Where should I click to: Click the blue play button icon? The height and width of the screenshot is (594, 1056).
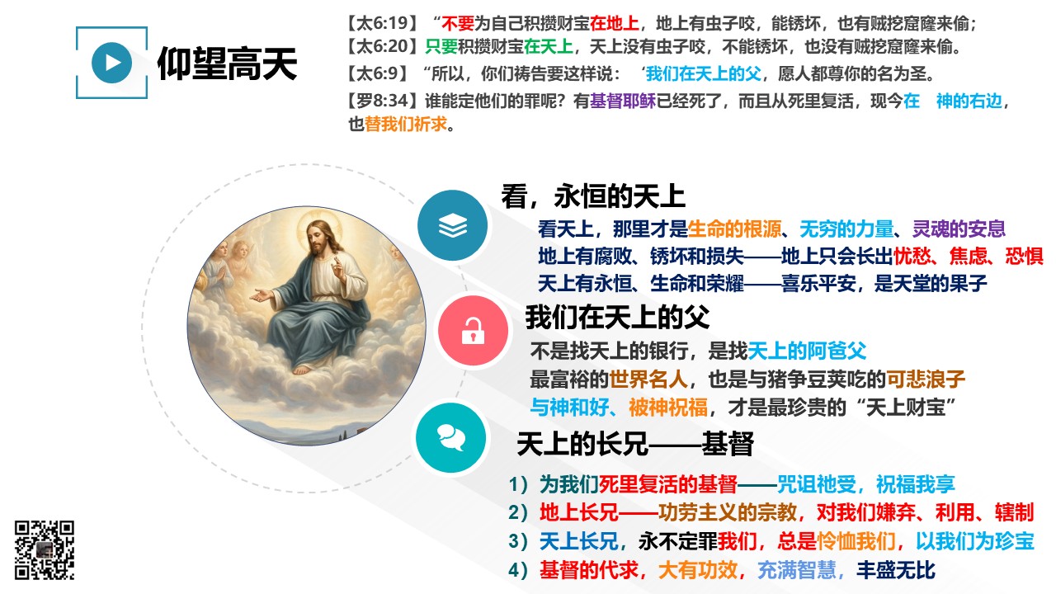[x=111, y=63]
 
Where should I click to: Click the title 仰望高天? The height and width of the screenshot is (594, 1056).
[x=227, y=64]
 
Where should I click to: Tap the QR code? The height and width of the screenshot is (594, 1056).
[x=45, y=549]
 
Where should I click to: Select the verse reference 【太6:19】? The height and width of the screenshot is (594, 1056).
[x=382, y=23]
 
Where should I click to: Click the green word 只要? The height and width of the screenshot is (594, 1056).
[x=441, y=46]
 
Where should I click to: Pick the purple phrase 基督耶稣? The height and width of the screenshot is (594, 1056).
[x=623, y=101]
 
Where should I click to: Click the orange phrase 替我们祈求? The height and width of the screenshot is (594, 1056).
[x=405, y=124]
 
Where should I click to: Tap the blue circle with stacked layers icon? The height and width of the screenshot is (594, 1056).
[x=453, y=225]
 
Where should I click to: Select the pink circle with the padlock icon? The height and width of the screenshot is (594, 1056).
[x=473, y=331]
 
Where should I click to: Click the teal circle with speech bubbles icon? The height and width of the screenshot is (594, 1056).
[x=451, y=438]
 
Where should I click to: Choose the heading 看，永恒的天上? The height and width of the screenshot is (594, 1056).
[x=593, y=196]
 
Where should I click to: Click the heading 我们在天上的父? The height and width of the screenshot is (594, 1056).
[x=618, y=317]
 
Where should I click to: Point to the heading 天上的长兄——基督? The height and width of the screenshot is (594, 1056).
[x=635, y=444]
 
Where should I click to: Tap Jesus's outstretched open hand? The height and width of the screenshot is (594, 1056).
[x=260, y=295]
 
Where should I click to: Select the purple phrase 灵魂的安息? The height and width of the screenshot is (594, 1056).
[x=959, y=229]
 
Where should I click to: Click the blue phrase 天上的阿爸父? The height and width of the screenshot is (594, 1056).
[x=807, y=351]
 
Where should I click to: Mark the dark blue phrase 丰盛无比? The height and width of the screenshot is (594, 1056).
[x=896, y=569]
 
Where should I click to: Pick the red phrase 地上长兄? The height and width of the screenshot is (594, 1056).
[x=579, y=512]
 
